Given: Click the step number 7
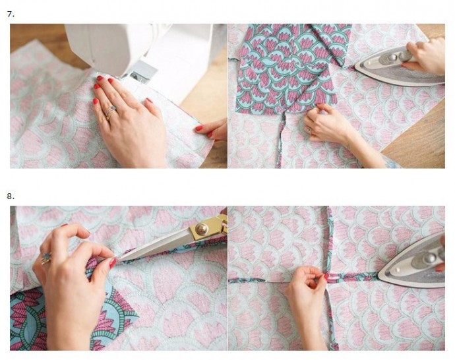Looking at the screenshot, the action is pyautogui.click(x=11, y=15).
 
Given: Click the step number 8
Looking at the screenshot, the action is pyautogui.click(x=11, y=196).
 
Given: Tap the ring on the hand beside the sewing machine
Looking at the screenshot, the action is pyautogui.click(x=111, y=111).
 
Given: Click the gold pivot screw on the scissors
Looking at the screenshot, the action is pyautogui.click(x=202, y=229).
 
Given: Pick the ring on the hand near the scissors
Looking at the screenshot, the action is pyautogui.click(x=46, y=259).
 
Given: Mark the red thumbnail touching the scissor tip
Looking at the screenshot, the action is pyautogui.click(x=113, y=263).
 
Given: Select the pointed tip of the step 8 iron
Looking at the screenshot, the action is pyautogui.click(x=379, y=274).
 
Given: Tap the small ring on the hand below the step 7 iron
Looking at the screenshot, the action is pyautogui.click(x=309, y=130).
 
